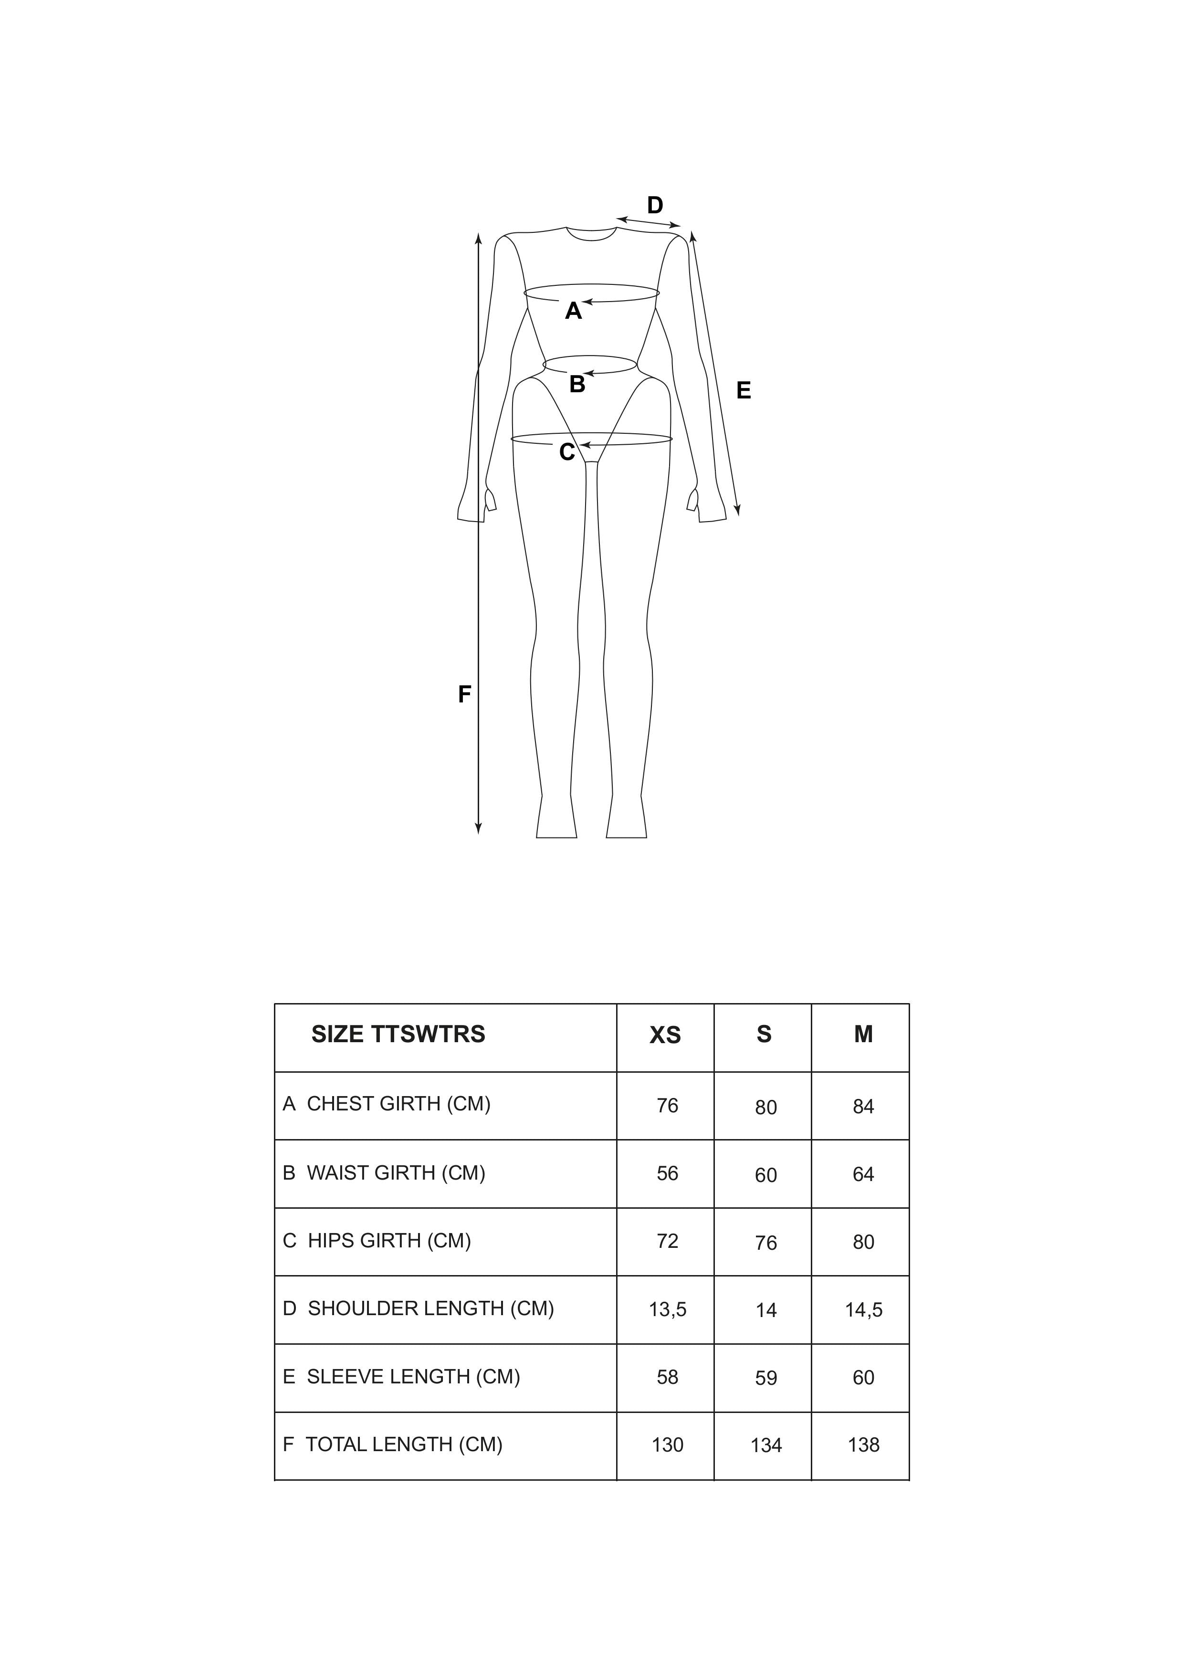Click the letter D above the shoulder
pos(655,206)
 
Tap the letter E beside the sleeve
pos(743,391)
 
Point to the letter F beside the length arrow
pos(464,695)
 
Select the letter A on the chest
pos(573,311)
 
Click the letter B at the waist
pos(576,384)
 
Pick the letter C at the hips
pos(566,453)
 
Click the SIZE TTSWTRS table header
pos(398,1035)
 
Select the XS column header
pos(665,1036)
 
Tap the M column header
pos(863,1035)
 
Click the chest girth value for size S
pos(765,1108)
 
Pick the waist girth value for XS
pos(667,1173)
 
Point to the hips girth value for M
pos(863,1242)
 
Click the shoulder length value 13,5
pos(667,1309)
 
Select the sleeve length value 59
pos(765,1378)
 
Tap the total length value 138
pos(863,1445)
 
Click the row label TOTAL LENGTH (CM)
pos(403,1444)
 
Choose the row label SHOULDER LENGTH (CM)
pos(430,1309)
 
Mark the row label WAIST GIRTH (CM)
pos(395,1173)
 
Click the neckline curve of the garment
pos(591,237)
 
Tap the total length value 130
pos(667,1445)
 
